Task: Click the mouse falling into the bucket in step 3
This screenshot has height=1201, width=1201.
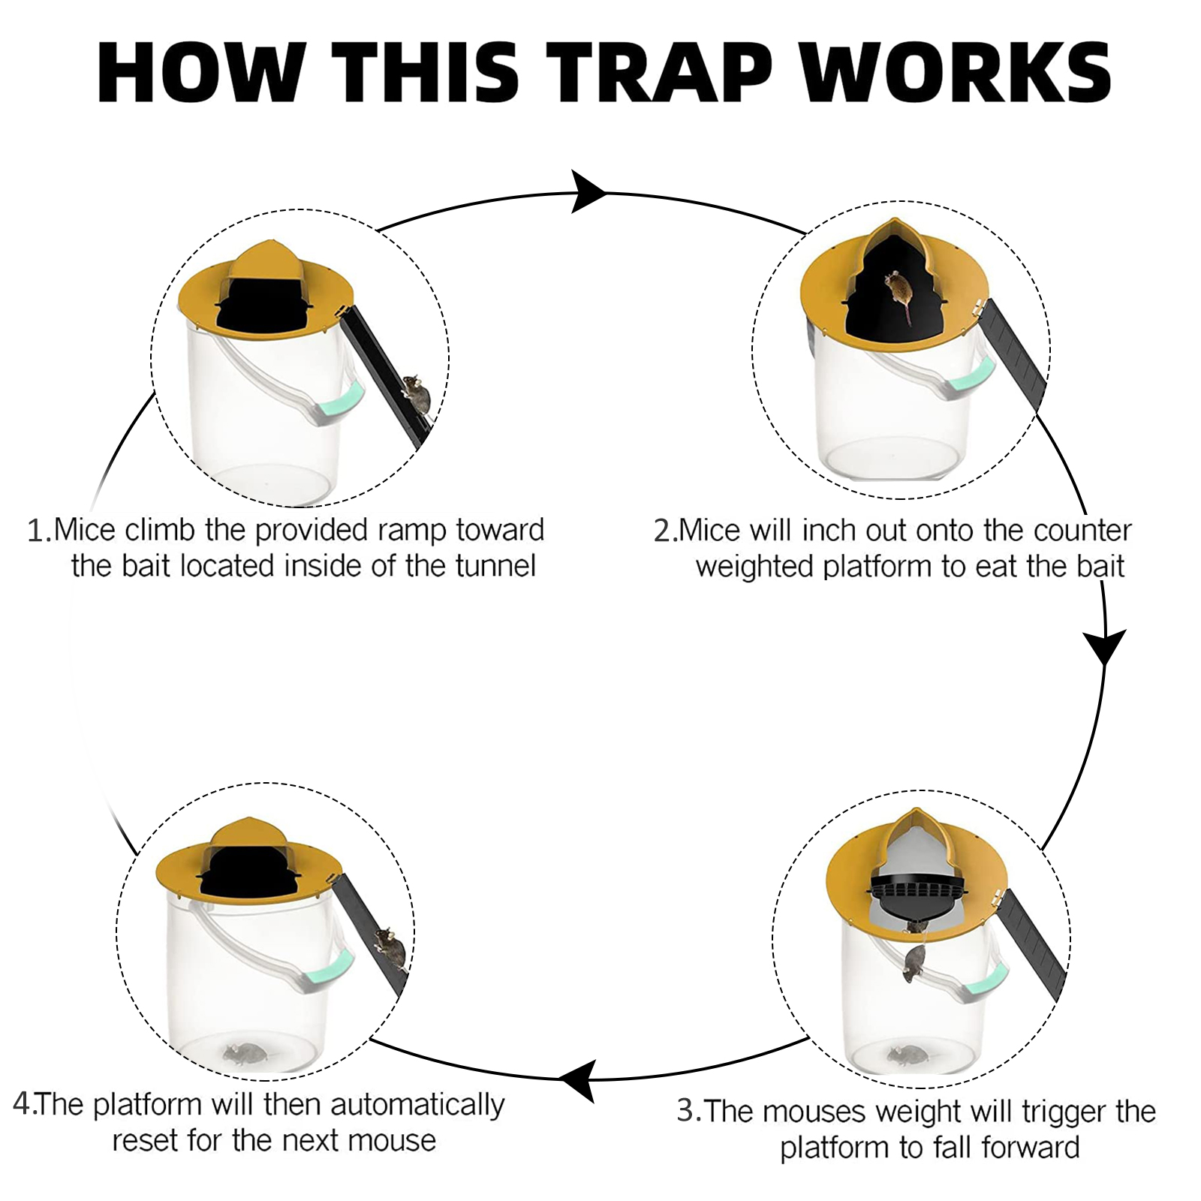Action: tap(915, 961)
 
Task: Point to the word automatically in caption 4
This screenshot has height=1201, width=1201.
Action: tap(417, 1106)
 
